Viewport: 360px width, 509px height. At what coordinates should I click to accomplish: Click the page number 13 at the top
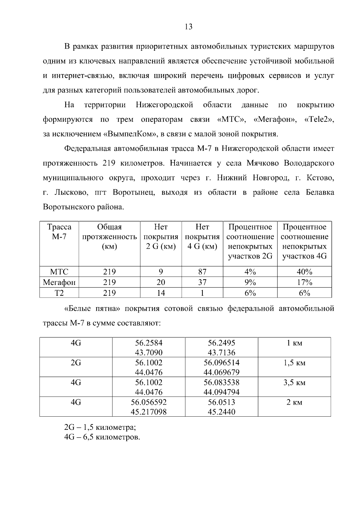click(189, 27)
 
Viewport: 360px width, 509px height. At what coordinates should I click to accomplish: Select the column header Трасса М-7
click(59, 232)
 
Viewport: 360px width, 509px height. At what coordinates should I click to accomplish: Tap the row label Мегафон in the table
click(59, 283)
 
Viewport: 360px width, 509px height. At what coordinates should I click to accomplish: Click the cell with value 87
click(202, 272)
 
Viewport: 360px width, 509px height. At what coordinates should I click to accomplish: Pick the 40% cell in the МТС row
click(304, 272)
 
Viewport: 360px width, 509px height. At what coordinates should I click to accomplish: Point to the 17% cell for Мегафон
click(304, 283)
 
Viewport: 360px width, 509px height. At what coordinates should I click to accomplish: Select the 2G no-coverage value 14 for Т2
click(161, 293)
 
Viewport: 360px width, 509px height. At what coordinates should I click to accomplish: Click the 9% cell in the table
click(250, 283)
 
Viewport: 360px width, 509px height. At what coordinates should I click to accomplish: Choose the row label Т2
click(59, 293)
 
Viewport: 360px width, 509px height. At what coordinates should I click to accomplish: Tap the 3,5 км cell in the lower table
click(294, 383)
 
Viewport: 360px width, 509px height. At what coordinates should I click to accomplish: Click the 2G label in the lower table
click(76, 363)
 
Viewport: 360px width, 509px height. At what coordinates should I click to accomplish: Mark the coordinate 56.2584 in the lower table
click(148, 343)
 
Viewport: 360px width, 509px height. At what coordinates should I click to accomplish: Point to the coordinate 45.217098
click(148, 412)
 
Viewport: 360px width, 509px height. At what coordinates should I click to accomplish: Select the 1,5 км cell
click(294, 363)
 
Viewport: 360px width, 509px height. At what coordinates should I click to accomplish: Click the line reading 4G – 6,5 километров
click(102, 437)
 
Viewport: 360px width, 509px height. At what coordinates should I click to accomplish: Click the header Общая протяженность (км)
click(109, 237)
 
